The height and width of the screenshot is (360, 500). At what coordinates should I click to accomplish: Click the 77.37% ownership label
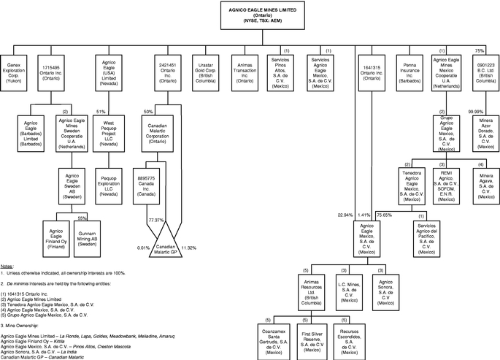[155, 219]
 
